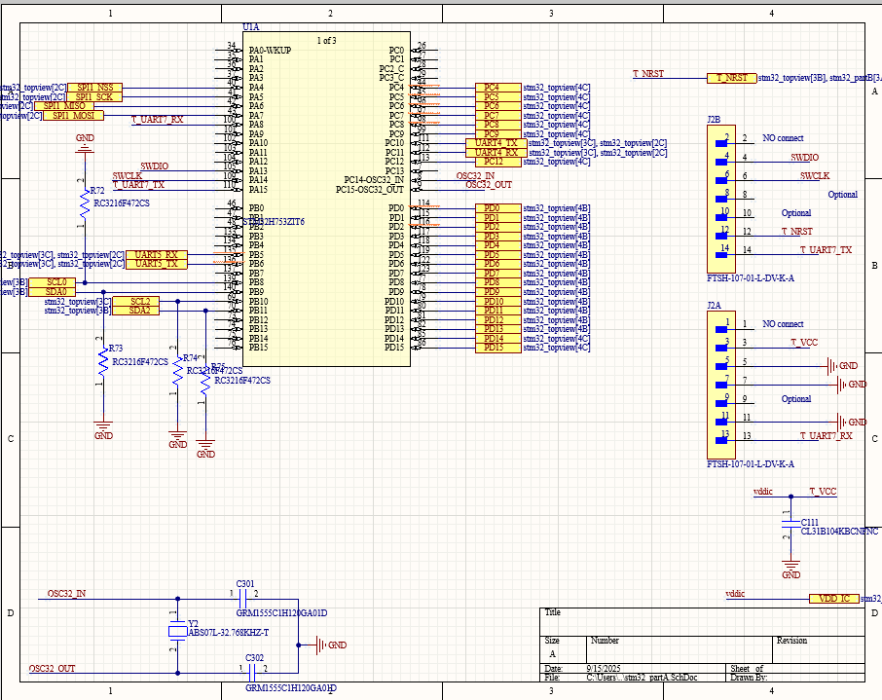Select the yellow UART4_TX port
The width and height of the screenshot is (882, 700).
coord(496,143)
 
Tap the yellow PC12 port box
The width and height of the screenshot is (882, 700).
coord(496,162)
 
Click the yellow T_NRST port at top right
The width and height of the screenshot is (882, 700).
coord(731,78)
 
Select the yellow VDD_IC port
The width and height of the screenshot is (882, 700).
coord(833,598)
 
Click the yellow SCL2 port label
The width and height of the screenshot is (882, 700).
coord(139,302)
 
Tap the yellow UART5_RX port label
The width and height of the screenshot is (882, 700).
coord(156,255)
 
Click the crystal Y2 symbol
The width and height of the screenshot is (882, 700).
coord(176,632)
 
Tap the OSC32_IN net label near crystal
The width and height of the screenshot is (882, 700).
coord(67,594)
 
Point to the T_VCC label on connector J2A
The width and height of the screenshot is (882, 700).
coord(803,343)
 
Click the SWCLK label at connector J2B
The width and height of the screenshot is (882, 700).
coord(815,176)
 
